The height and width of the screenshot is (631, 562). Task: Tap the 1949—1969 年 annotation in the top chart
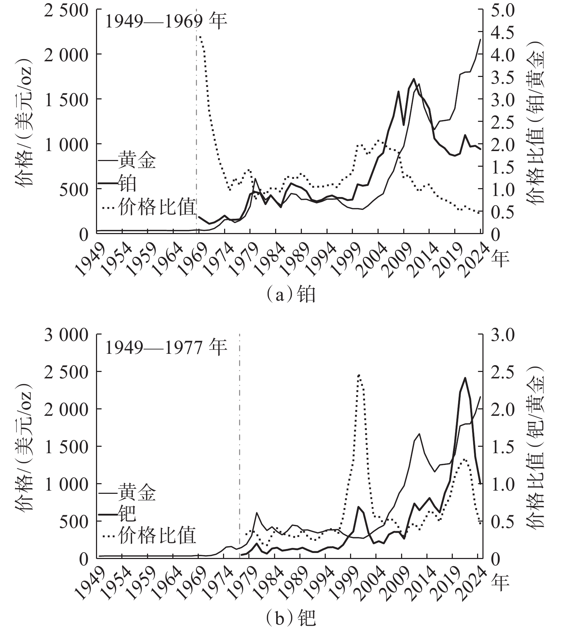point(166,22)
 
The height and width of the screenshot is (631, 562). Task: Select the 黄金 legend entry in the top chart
point(137,160)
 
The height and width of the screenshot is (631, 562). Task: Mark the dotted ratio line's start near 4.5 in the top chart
point(199,36)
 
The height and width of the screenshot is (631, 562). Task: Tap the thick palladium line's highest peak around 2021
point(465,378)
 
